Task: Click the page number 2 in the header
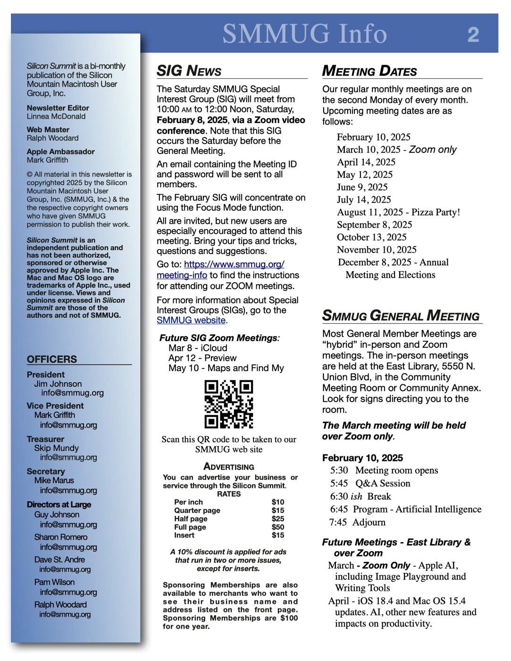pos(473,34)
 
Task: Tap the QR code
pos(229,405)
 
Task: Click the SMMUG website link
pos(191,320)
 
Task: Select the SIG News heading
pos(189,71)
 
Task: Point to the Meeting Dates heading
pos(369,71)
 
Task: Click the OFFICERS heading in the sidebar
pos(52,359)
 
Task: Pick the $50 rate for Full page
pos(278,527)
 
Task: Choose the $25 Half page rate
pos(278,519)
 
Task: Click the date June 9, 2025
pos(362,187)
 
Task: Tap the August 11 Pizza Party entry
pos(398,212)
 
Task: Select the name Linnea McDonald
pos(56,116)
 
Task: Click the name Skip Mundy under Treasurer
pos(56,448)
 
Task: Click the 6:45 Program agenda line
pos(406,509)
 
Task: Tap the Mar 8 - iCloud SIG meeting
pos(198,348)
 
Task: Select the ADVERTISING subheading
pos(229,467)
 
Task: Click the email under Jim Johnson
pos(72,393)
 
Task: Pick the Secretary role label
pos(46,471)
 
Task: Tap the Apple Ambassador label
pos(60,152)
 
